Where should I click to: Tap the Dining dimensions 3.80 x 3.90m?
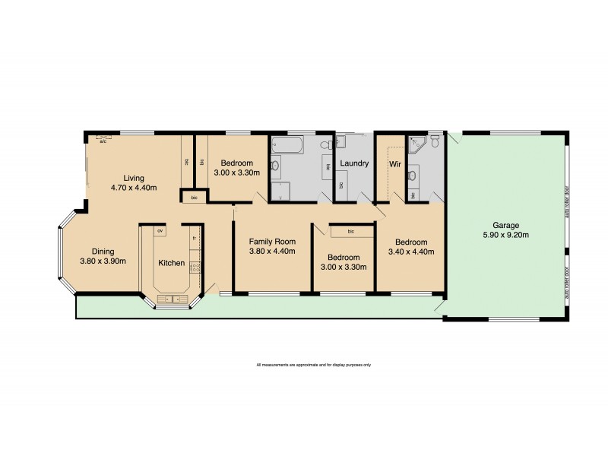click(103, 261)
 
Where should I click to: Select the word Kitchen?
click(171, 263)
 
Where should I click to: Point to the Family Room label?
click(272, 242)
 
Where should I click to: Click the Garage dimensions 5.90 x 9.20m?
click(505, 235)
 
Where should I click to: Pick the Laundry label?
click(354, 163)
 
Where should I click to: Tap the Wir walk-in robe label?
click(394, 163)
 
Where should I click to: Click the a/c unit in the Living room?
click(102, 140)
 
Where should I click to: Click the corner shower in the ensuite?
click(416, 144)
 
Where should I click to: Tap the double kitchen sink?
click(171, 299)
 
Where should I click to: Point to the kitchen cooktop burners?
click(195, 266)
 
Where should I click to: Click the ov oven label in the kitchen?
click(160, 230)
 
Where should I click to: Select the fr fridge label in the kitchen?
click(195, 238)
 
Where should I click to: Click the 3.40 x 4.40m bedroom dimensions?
click(410, 252)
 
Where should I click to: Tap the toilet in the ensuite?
click(435, 142)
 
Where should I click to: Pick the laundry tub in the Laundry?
click(340, 141)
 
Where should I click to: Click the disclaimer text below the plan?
click(314, 365)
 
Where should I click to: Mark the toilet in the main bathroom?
click(325, 144)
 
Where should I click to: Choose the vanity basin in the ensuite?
click(411, 176)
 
